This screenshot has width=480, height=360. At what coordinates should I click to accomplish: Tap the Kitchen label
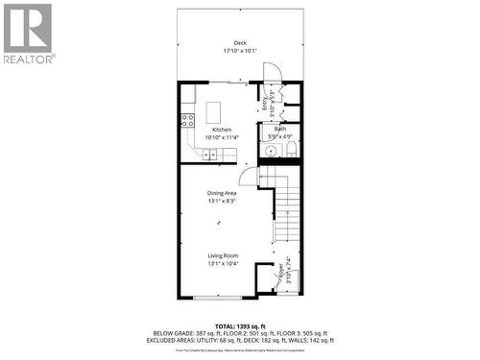[x=222, y=130]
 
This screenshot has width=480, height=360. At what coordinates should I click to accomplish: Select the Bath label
[x=280, y=129]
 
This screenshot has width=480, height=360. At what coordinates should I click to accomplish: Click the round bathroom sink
[x=273, y=150]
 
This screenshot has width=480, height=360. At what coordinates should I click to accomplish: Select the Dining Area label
[x=222, y=194]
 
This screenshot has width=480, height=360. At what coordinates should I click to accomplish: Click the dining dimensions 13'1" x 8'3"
[x=222, y=202]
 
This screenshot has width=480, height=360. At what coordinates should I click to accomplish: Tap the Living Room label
[x=222, y=255]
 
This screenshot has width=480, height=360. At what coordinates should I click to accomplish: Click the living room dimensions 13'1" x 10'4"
[x=222, y=263]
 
